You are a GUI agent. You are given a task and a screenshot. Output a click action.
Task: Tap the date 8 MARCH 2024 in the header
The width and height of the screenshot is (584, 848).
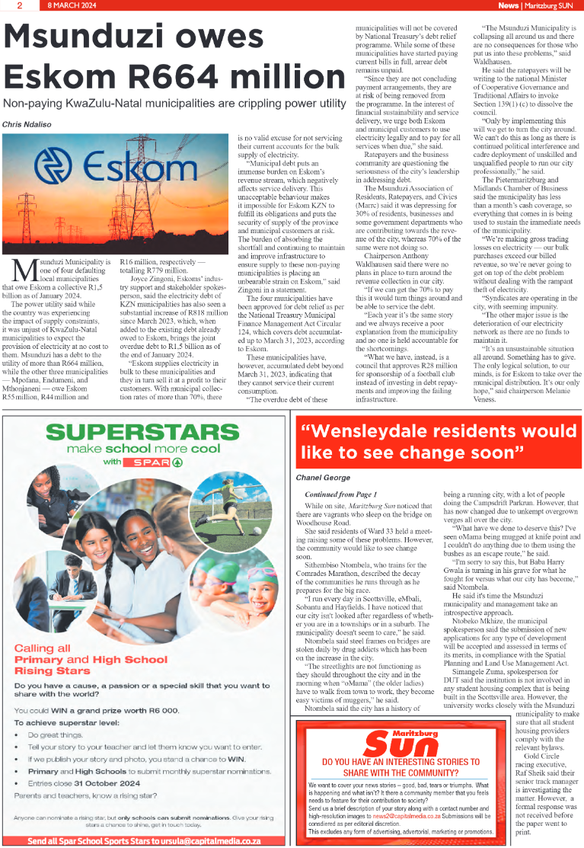pos(75,5)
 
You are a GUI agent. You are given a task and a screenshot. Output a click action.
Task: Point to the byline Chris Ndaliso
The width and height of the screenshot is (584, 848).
pos(29,123)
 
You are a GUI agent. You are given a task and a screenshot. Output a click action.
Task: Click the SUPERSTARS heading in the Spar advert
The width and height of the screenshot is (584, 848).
pos(145,432)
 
